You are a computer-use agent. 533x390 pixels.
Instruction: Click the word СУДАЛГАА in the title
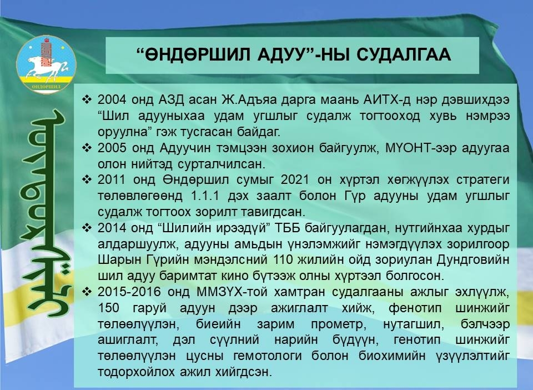(404, 54)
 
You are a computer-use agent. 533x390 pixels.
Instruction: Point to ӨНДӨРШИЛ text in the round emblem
(46, 87)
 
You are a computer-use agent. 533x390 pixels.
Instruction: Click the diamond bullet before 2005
(87, 148)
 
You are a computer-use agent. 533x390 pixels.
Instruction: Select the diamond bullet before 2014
(87, 227)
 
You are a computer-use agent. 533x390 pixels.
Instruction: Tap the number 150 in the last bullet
(108, 308)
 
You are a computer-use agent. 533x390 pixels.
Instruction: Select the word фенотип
(415, 308)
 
